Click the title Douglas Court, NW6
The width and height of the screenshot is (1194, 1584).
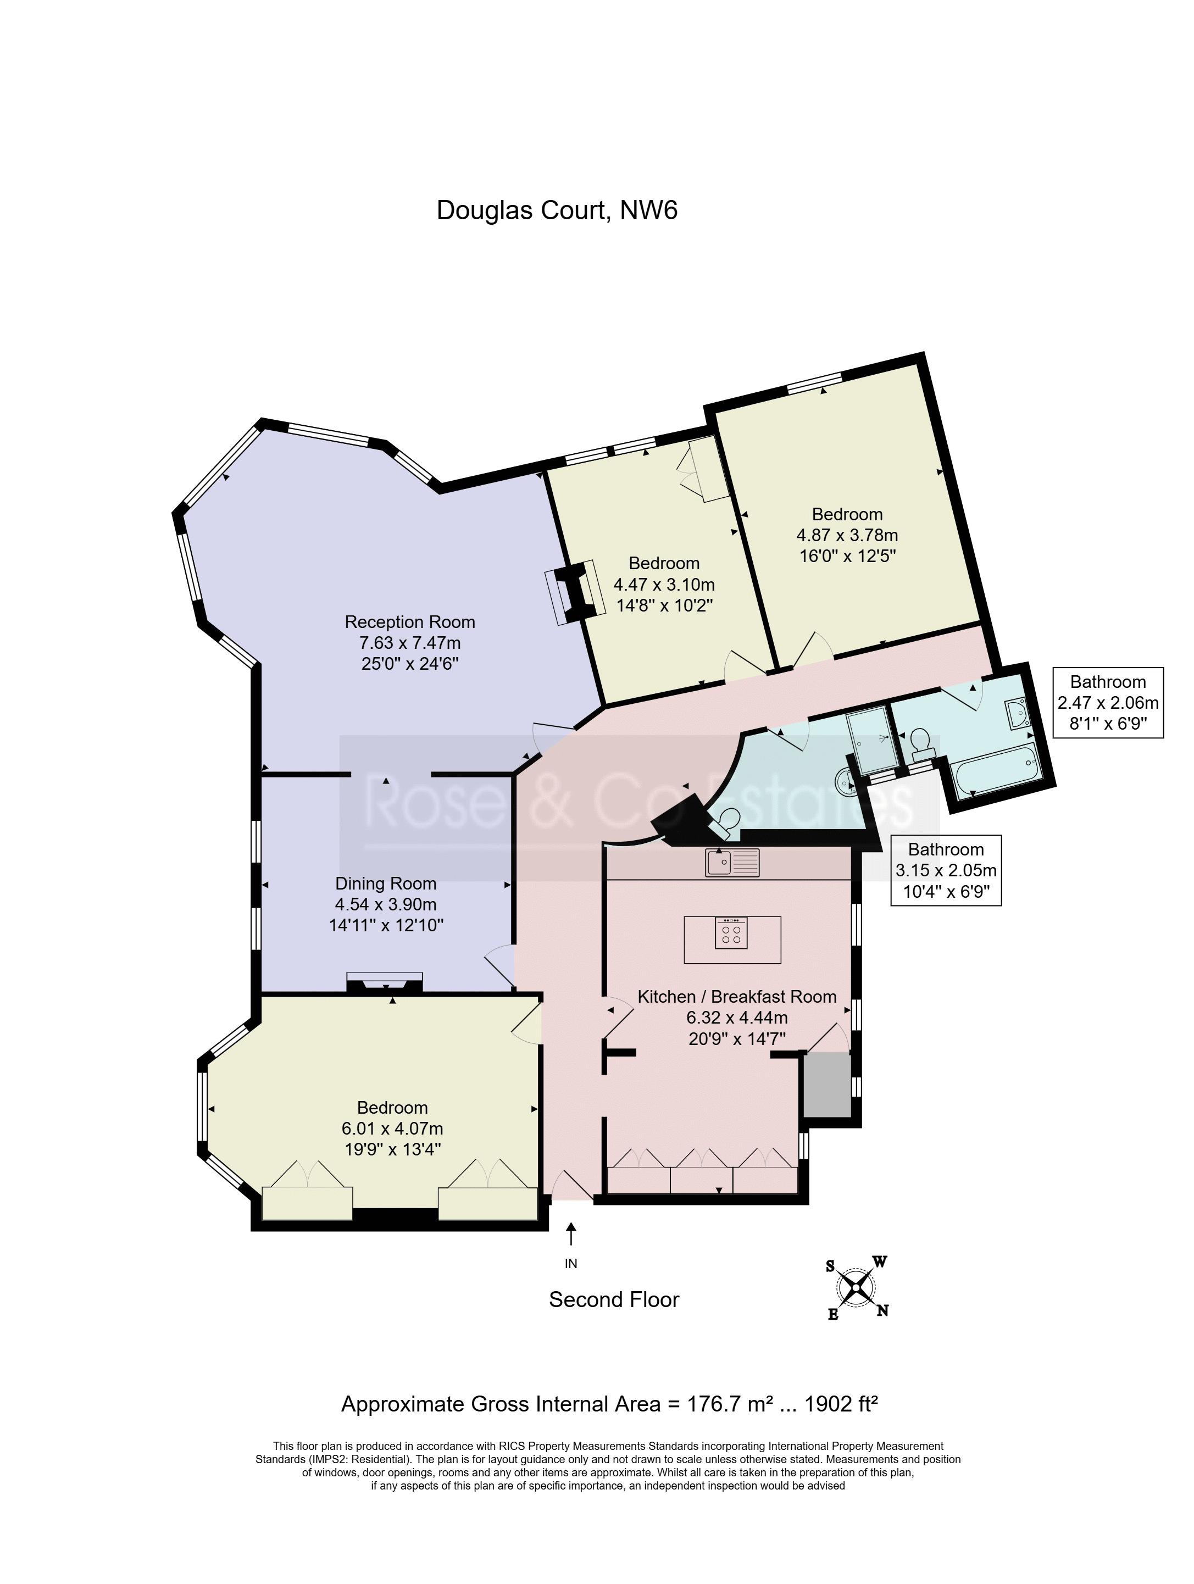[557, 210]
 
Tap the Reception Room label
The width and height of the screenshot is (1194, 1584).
[410, 621]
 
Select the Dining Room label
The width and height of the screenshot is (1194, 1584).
[385, 883]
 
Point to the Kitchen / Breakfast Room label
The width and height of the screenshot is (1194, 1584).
[737, 997]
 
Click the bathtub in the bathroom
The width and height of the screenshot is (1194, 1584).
[994, 769]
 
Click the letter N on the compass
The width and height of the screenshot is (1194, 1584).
[883, 1310]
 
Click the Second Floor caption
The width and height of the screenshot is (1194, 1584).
[614, 1299]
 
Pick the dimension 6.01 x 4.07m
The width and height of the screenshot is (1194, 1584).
[392, 1129]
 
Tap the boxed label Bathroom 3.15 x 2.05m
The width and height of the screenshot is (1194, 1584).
[946, 870]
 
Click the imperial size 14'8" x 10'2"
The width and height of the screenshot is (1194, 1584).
[664, 605]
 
